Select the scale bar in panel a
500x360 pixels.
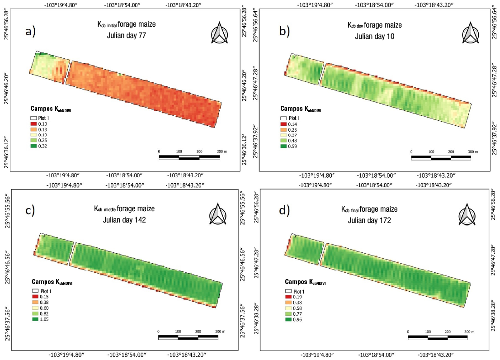189,157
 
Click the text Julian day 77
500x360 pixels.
126,36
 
